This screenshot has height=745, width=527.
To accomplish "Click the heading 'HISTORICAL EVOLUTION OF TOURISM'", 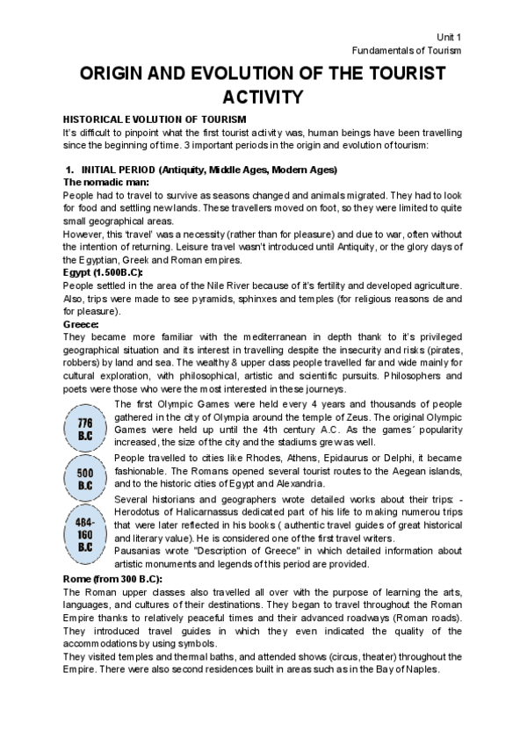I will coord(154,119).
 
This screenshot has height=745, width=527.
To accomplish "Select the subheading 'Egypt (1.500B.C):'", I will coord(103,273).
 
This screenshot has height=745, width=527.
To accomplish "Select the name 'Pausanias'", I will coord(140,551).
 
